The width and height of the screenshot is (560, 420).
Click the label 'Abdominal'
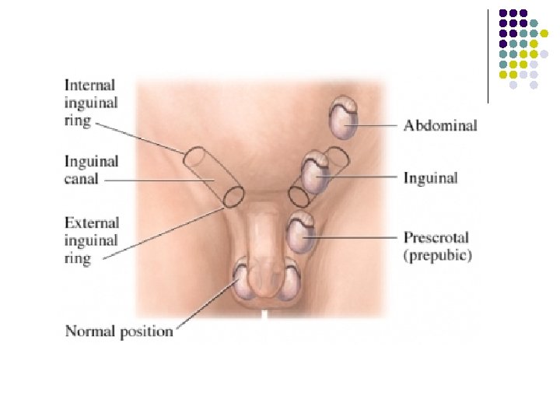pos(439,125)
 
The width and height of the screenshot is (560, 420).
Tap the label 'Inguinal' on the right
pos(430,178)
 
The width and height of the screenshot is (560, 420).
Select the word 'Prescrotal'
pos(436,237)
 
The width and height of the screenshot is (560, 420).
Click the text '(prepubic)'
pos(437,254)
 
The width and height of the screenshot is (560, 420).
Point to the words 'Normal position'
pos(119,331)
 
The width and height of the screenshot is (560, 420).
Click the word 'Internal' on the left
pos(90,85)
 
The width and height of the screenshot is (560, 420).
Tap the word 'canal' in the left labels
pos(82,179)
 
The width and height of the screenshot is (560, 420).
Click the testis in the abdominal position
pos(342,118)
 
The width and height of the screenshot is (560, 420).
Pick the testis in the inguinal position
pos(316,173)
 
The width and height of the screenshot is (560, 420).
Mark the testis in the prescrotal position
pos(300,232)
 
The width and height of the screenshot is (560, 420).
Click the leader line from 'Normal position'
pos(206,303)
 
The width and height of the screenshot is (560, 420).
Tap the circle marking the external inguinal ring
pos(233,197)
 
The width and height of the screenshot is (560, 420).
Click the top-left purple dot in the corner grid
pos(503,13)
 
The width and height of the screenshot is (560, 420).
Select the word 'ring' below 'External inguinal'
pos(78,258)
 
